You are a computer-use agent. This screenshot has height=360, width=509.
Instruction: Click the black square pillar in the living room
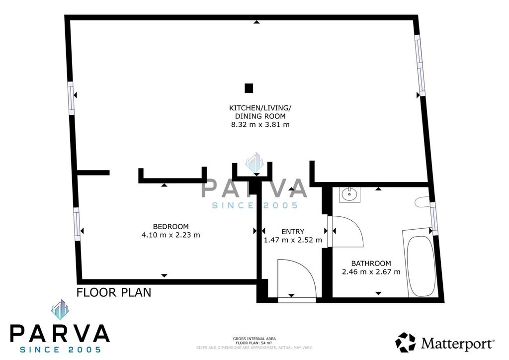click(249, 88)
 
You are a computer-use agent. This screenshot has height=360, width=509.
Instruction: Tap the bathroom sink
click(350, 195)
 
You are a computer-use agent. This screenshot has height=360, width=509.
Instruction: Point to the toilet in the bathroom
click(423, 202)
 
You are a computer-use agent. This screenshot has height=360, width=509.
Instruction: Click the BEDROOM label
click(171, 227)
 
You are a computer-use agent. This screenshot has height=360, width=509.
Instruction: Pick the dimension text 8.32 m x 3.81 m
click(260, 124)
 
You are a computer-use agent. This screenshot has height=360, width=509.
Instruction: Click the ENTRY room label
click(293, 231)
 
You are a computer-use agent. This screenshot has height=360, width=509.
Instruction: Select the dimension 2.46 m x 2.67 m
click(371, 271)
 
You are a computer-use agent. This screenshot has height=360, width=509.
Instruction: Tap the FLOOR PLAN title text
click(114, 292)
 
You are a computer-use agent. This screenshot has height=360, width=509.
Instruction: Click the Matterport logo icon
click(405, 342)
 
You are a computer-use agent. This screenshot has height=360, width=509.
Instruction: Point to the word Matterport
click(458, 343)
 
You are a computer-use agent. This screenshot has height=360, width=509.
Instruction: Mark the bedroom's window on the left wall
click(77, 224)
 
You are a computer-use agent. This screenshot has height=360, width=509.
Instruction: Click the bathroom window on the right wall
click(433, 218)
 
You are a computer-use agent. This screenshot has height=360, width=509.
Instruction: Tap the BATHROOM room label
click(371, 263)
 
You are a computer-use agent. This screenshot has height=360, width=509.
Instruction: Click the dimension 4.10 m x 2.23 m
click(171, 235)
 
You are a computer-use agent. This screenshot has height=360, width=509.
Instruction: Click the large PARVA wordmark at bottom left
click(60, 333)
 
